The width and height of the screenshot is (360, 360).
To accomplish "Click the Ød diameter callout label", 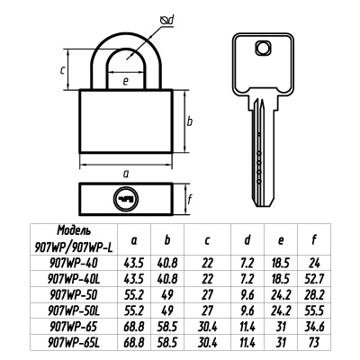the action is [167, 21].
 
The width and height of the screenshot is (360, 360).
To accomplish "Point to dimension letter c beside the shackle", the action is [62, 71].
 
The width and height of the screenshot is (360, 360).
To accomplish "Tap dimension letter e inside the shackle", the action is [126, 81].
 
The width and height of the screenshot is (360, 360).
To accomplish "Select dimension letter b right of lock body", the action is [190, 121].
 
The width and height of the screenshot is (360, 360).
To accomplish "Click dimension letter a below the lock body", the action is [126, 174].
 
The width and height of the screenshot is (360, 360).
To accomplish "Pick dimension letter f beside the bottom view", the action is [189, 200].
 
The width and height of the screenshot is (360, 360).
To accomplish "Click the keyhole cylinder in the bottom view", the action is [126, 199].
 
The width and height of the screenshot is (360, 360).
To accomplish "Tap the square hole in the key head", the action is [264, 48].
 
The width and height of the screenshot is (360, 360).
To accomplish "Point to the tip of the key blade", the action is [264, 205].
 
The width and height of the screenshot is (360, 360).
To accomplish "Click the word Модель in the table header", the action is [74, 230].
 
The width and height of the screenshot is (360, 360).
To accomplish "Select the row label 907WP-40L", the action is [74, 279].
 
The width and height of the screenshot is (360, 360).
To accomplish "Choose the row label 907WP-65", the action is [73, 327].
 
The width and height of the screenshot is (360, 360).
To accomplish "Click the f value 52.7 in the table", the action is [314, 279].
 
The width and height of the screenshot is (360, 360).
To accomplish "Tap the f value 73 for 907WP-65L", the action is [314, 342].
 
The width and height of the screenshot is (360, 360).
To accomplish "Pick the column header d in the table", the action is [247, 240].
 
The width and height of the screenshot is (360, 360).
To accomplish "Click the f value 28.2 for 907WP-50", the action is [314, 295].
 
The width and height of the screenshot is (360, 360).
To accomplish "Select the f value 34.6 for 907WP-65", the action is [314, 327].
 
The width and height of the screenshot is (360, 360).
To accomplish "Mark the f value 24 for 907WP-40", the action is [314, 264].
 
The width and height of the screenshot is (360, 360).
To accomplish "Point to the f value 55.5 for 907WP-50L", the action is [314, 310].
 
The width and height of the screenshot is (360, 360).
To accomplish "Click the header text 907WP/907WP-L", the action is [74, 247].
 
